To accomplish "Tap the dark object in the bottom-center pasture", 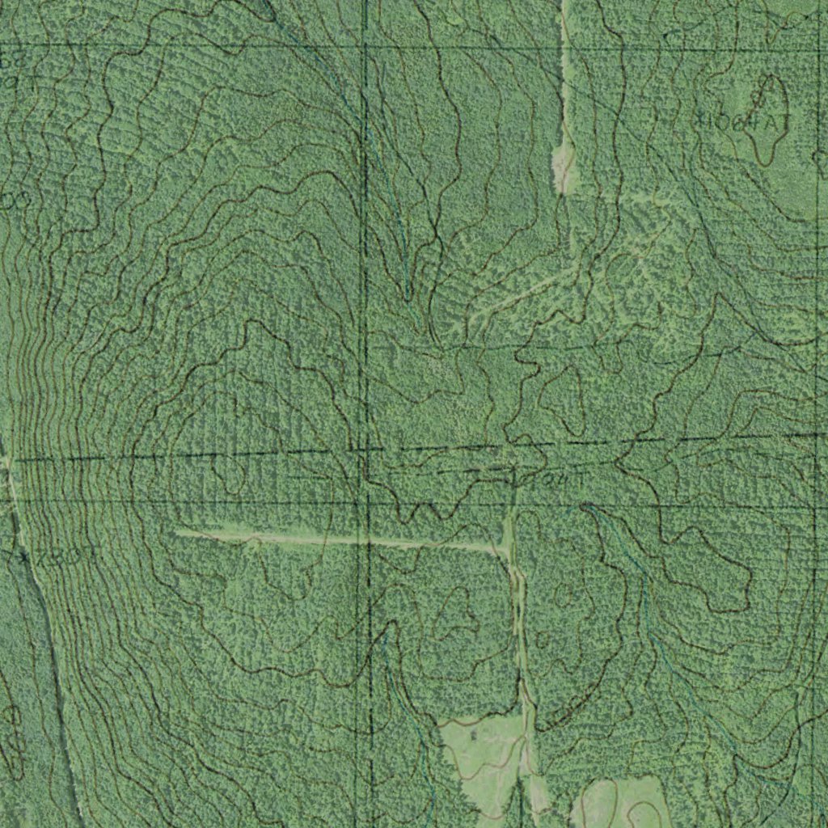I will click(x=472, y=735).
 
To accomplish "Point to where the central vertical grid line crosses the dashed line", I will click(x=365, y=450).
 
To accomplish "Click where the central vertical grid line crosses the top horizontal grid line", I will click(x=365, y=46).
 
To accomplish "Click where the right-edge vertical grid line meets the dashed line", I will click(x=813, y=435).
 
